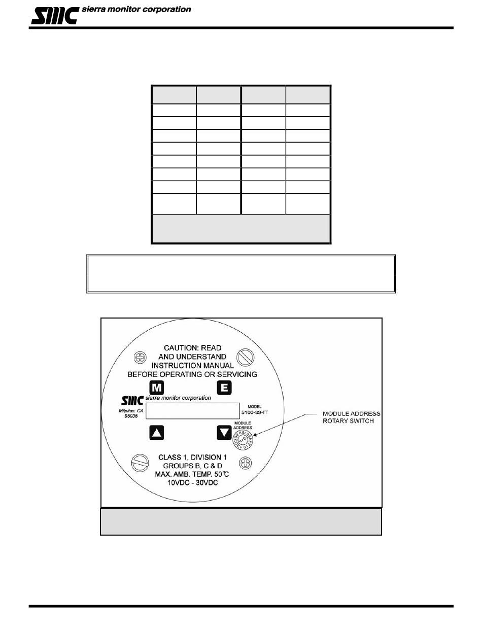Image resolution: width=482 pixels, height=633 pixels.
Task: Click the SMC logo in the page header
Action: tap(55, 15)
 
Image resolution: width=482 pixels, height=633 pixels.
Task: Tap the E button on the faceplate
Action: tap(224, 388)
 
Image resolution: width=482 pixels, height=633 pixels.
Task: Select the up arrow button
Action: tap(157, 433)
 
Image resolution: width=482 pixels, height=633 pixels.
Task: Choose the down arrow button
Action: tap(224, 433)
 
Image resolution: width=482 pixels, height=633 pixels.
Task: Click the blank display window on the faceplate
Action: tap(192, 410)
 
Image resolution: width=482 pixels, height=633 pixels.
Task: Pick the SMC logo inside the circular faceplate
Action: tap(133, 400)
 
